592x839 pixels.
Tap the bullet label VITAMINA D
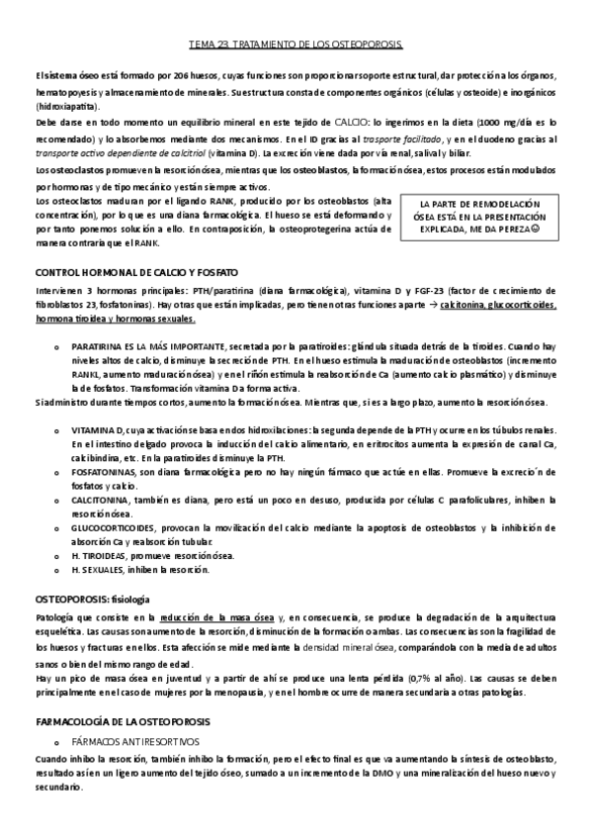[x=97, y=432]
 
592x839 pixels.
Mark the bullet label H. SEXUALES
[x=95, y=571]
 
